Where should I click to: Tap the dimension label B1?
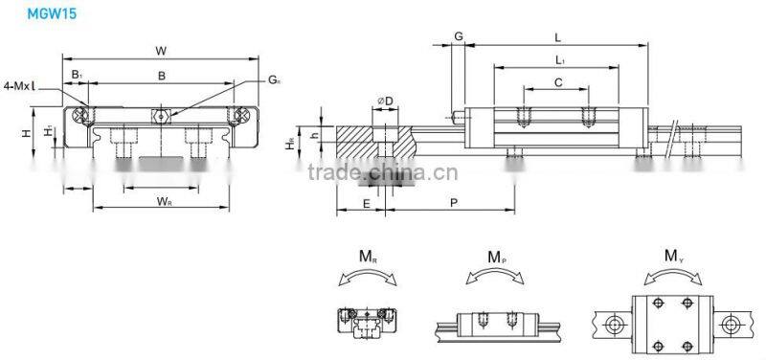[x=77, y=75]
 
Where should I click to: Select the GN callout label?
[x=275, y=79]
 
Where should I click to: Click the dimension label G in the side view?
[x=459, y=36]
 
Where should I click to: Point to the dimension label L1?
[x=558, y=60]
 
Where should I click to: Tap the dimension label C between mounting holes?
[x=557, y=82]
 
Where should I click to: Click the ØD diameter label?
[x=386, y=102]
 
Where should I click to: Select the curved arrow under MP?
[x=495, y=277]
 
